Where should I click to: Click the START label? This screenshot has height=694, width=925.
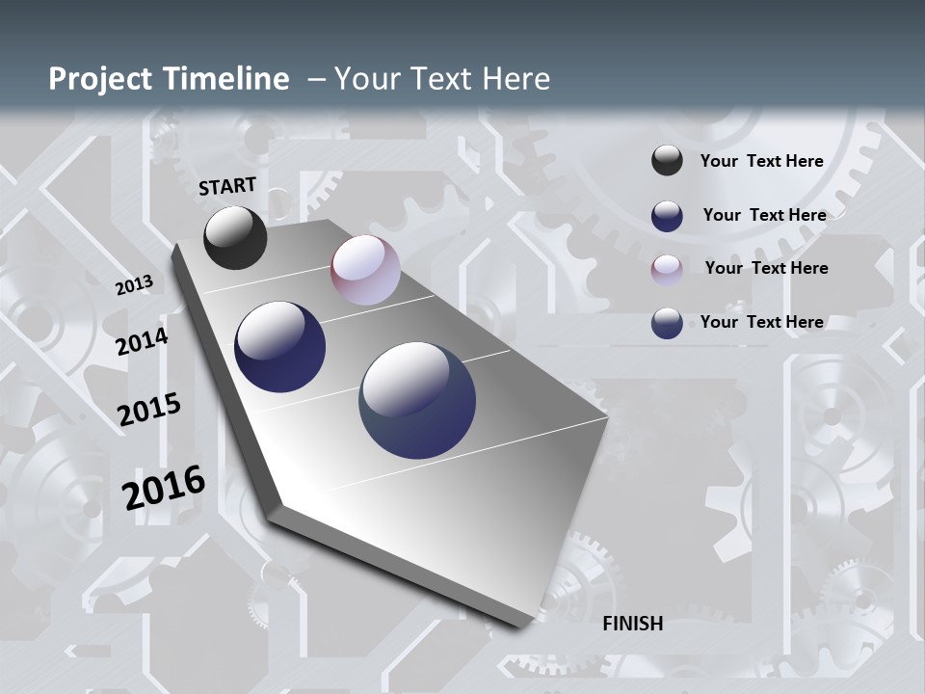tap(227, 186)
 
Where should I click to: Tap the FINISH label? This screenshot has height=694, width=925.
tap(632, 624)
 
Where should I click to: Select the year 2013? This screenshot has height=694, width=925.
tap(134, 285)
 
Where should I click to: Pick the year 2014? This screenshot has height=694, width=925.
tap(142, 342)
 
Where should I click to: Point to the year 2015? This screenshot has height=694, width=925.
tap(149, 410)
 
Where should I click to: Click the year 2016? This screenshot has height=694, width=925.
tap(164, 487)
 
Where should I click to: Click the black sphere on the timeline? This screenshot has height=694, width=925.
tap(235, 237)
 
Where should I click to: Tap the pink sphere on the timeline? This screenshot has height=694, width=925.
tap(365, 270)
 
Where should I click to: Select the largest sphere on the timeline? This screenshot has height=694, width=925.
tap(417, 400)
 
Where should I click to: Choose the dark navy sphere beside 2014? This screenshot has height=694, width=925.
tap(279, 347)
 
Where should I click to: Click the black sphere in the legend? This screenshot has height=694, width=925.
tap(667, 161)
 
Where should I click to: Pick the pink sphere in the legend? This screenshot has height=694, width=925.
tap(667, 269)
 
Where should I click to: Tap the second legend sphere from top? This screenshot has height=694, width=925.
tap(667, 216)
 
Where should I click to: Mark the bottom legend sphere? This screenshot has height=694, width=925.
tap(667, 323)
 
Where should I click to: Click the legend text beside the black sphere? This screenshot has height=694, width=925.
tap(761, 162)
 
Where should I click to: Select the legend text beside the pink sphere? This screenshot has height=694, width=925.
tap(766, 268)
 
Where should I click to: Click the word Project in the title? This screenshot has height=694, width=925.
tap(99, 79)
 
